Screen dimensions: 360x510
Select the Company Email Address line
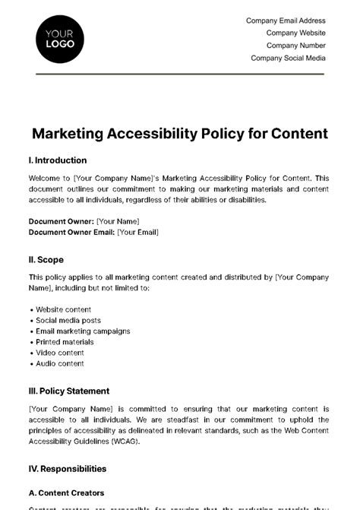(x=286, y=21)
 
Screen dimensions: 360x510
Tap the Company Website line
(x=295, y=33)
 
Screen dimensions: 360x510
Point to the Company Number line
(x=295, y=46)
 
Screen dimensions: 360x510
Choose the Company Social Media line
(x=288, y=58)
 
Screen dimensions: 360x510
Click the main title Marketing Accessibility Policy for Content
(x=180, y=134)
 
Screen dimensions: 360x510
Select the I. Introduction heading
(x=58, y=160)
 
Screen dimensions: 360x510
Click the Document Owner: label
(x=60, y=221)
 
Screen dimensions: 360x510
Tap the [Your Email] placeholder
(x=137, y=232)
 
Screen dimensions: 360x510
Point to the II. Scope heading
(x=46, y=259)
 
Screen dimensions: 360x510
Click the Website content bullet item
(x=64, y=310)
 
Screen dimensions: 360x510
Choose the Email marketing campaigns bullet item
(x=83, y=331)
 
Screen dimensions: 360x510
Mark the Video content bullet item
(x=60, y=353)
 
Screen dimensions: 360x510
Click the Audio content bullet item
(x=60, y=363)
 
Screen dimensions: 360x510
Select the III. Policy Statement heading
(x=69, y=391)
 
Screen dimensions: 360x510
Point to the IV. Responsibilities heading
(x=68, y=469)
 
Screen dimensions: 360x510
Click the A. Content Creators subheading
(x=67, y=493)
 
